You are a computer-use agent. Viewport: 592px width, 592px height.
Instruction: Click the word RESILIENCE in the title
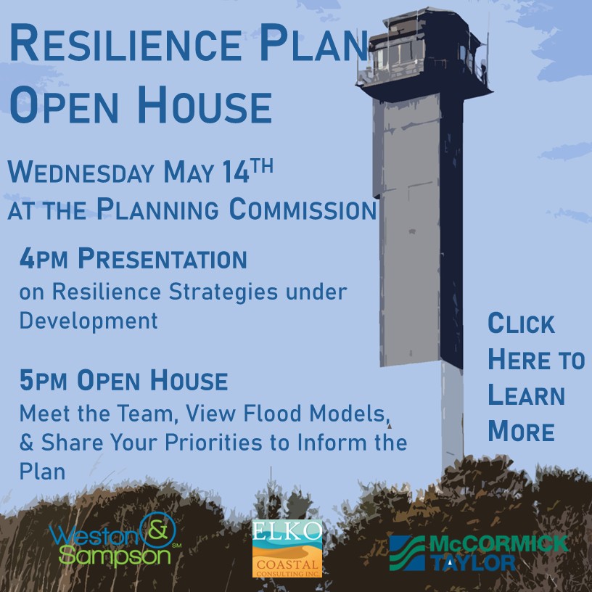(126, 42)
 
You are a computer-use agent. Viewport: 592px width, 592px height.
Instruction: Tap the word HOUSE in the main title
(205, 104)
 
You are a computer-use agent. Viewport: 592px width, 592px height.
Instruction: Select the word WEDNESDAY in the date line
(81, 173)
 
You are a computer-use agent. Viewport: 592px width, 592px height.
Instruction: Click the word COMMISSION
(303, 209)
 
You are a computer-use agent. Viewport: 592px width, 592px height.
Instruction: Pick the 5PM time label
(44, 380)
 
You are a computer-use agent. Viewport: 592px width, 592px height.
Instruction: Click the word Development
(89, 321)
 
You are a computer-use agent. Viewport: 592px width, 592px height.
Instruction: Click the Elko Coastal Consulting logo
(287, 548)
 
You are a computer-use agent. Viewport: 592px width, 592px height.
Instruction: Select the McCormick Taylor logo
(479, 553)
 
